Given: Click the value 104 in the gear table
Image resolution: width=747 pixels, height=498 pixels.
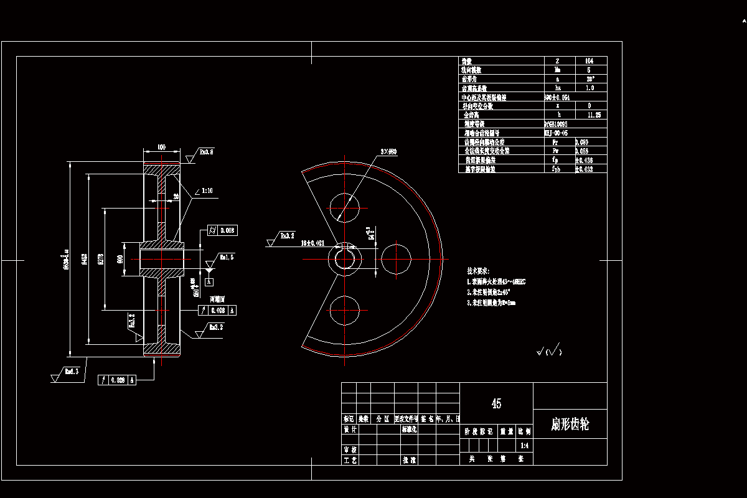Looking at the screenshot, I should click(589, 61).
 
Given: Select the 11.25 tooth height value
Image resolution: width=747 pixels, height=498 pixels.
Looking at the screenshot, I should click(589, 115).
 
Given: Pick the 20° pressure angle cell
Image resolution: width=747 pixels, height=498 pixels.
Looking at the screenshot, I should click(589, 79).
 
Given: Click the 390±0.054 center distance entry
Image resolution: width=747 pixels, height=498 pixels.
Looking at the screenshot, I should click(557, 97).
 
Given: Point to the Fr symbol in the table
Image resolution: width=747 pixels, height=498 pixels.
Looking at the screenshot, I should click(555, 142).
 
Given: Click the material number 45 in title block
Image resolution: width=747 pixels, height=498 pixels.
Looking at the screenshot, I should click(496, 404).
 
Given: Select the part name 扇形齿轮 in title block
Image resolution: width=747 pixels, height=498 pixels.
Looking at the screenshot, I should click(570, 425).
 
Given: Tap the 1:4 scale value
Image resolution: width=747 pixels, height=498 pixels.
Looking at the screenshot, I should click(525, 446).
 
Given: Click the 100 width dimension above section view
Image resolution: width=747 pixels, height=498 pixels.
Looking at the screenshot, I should click(161, 148).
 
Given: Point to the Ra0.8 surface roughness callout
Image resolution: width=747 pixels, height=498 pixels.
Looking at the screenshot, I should click(206, 151).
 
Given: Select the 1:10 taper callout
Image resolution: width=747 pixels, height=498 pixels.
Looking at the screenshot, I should click(207, 191).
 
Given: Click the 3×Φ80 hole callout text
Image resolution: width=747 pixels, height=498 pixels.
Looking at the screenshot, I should click(388, 153).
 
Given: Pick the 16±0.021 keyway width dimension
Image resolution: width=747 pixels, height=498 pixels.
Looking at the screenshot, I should click(312, 242).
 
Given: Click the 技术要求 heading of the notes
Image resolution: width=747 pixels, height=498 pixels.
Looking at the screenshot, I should click(478, 271).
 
